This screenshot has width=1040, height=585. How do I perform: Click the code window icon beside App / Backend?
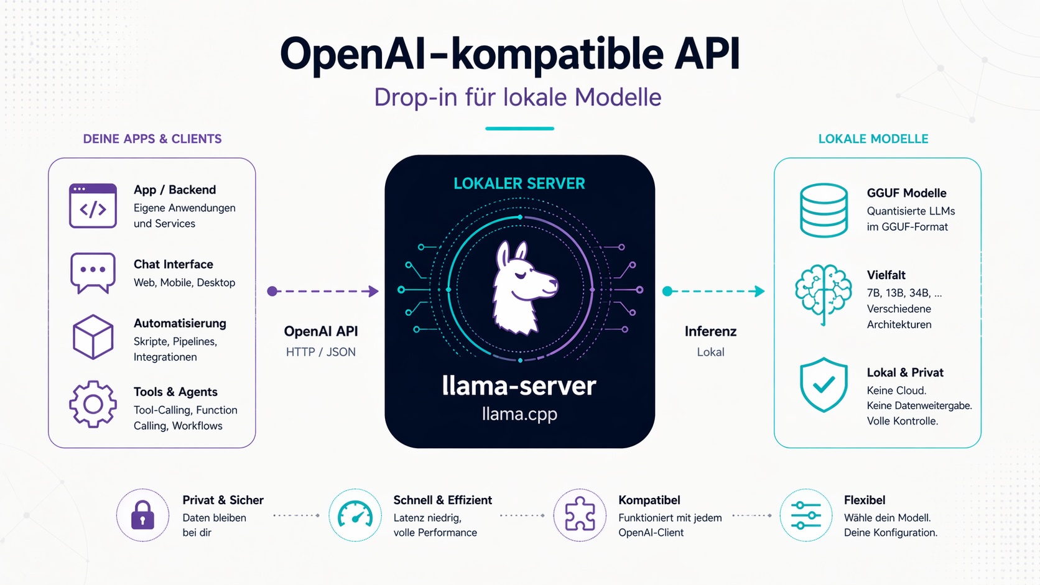pyautogui.click(x=93, y=206)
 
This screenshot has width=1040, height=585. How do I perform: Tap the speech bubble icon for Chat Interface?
pyautogui.click(x=93, y=272)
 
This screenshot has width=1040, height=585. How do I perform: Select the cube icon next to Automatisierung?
pyautogui.click(x=93, y=337)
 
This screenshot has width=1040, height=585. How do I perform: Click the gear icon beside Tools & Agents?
pyautogui.click(x=93, y=404)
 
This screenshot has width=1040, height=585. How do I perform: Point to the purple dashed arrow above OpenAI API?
pyautogui.click(x=323, y=291)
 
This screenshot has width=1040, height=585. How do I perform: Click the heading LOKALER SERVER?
pyautogui.click(x=519, y=183)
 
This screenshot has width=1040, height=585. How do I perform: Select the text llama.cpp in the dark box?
pyautogui.click(x=519, y=414)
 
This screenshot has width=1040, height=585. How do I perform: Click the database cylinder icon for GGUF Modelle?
pyautogui.click(x=824, y=210)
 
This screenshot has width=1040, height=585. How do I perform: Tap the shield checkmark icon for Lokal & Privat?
pyautogui.click(x=824, y=385)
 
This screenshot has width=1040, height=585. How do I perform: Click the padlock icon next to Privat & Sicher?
pyautogui.click(x=142, y=515)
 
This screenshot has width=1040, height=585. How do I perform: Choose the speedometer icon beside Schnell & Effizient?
pyautogui.click(x=355, y=515)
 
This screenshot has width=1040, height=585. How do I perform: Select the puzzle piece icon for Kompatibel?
pyautogui.click(x=580, y=515)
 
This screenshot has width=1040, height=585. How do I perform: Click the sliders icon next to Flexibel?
pyautogui.click(x=806, y=515)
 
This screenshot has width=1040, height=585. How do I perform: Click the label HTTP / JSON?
pyautogui.click(x=321, y=352)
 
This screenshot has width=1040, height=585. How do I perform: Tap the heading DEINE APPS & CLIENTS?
pyautogui.click(x=152, y=139)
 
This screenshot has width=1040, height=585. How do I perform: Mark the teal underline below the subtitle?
pyautogui.click(x=519, y=129)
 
